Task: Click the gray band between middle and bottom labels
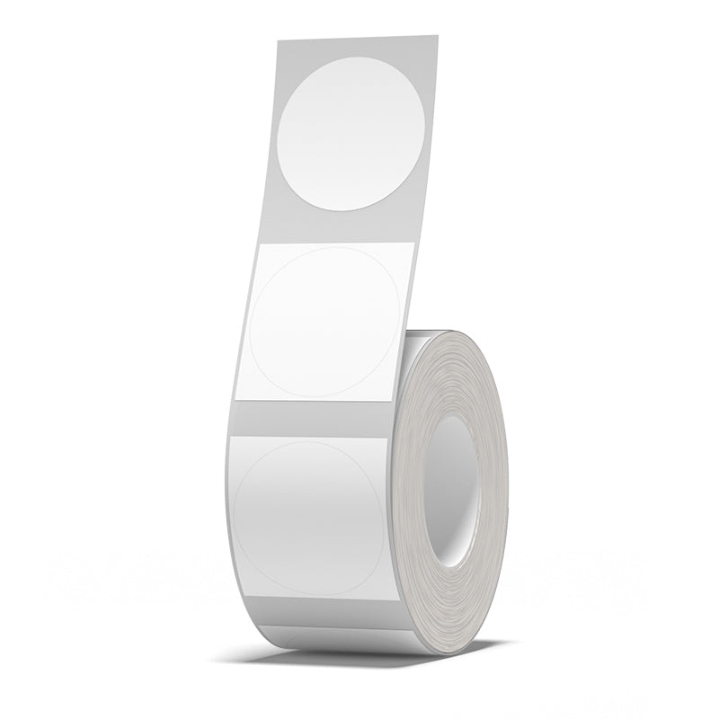click(x=315, y=415)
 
